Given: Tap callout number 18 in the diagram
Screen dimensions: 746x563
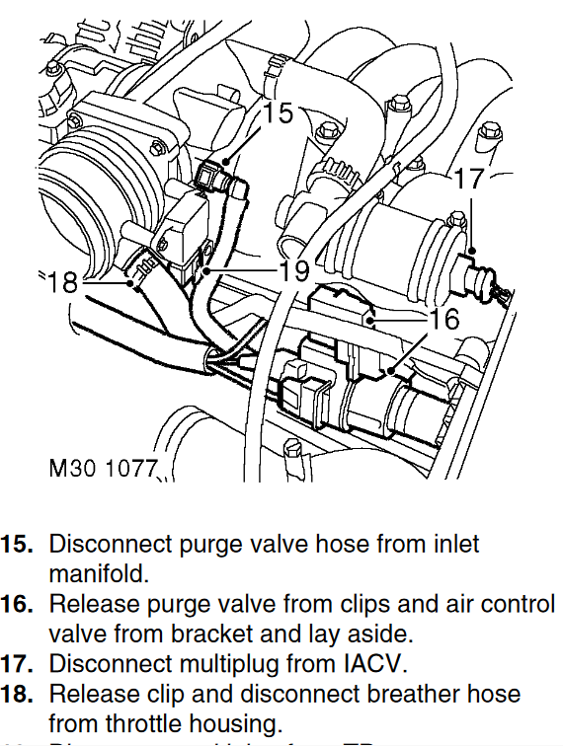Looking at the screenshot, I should pyautogui.click(x=61, y=282).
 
